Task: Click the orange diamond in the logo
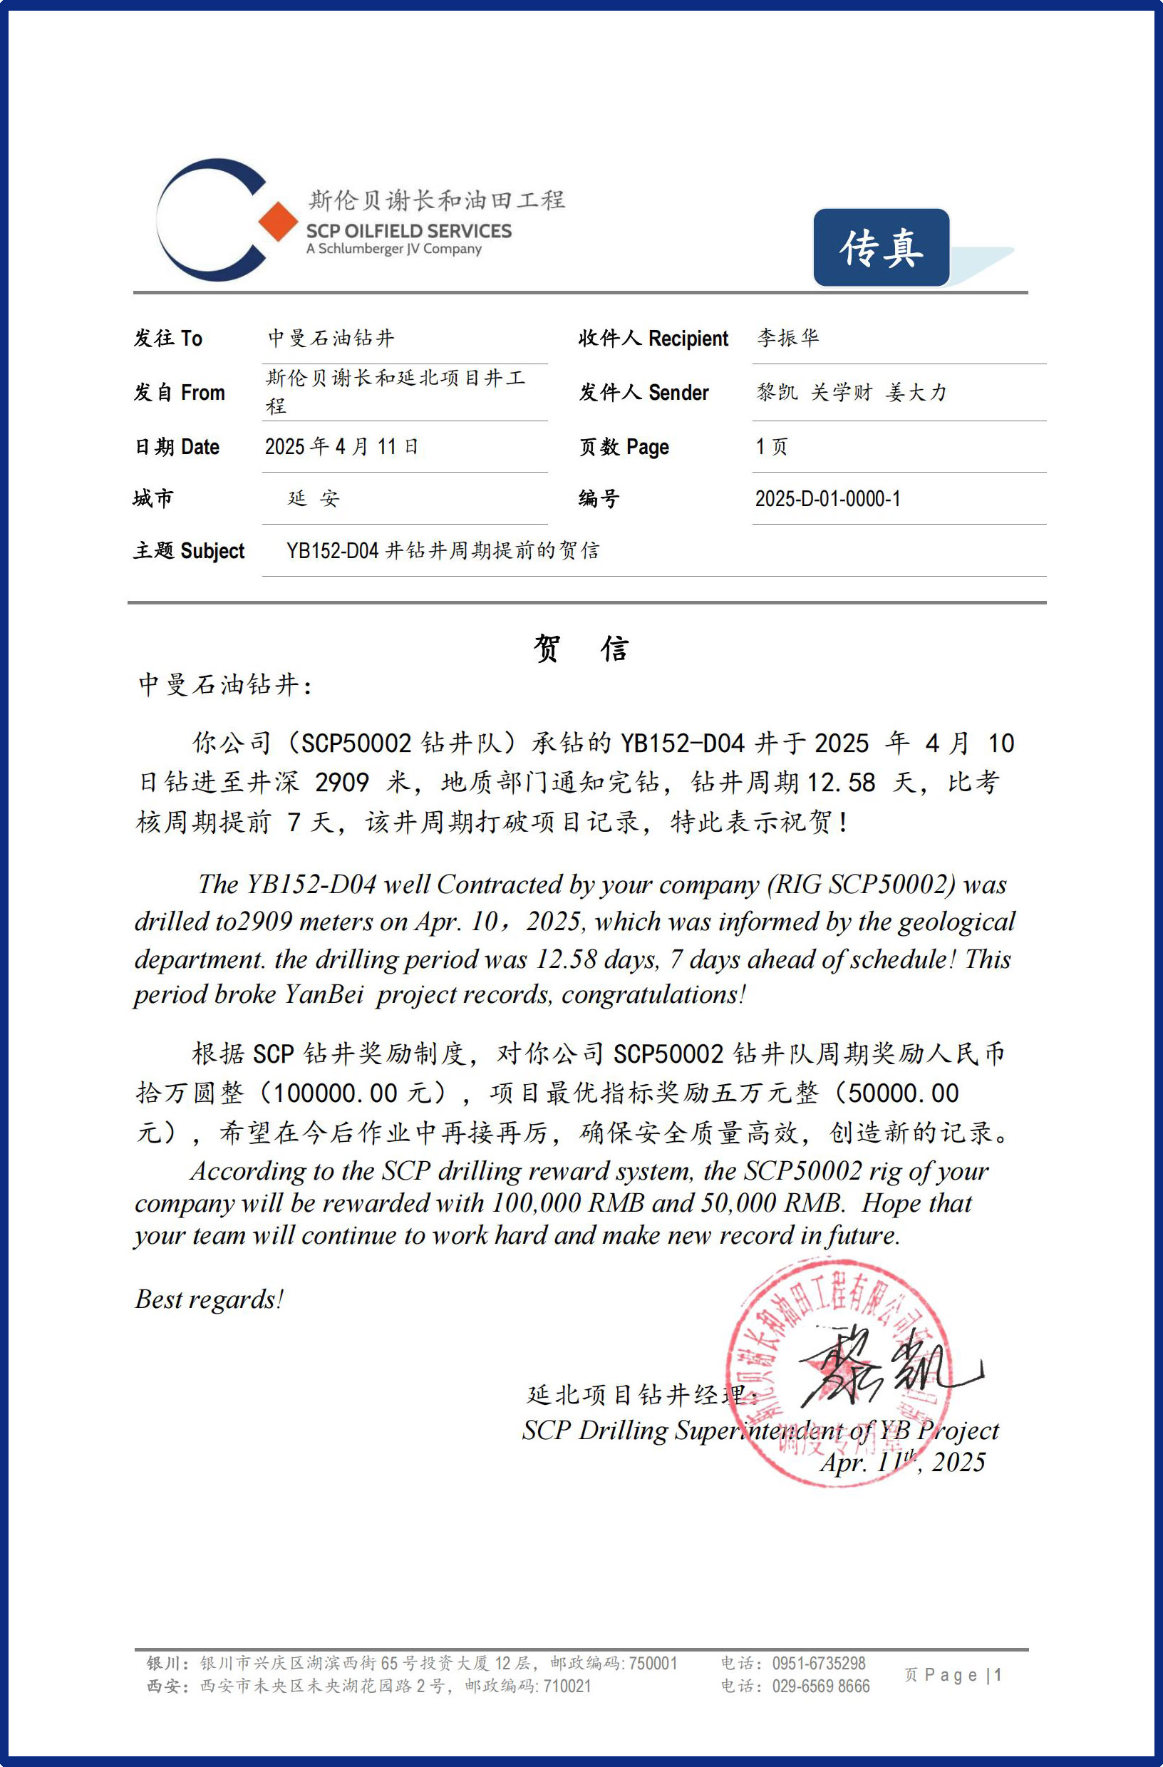279,221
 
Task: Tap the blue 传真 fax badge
881,247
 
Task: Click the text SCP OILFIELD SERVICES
408,231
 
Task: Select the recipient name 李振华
787,338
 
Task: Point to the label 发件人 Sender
643,393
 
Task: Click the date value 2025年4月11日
341,447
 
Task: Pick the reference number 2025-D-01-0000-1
827,499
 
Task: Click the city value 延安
314,499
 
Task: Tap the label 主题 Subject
189,551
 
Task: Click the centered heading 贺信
581,648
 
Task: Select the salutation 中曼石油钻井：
226,684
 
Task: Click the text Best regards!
209,1299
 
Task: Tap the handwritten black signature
883,1370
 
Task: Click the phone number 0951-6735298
819,1663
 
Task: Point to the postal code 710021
567,1686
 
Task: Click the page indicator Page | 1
962,1675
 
